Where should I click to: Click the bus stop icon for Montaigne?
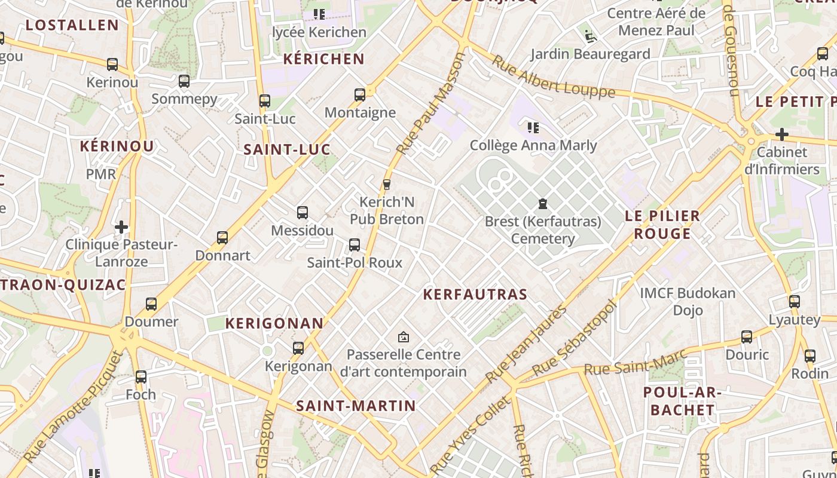point(359,94)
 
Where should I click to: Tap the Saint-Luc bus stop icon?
point(264,101)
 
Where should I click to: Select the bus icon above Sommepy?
point(184,81)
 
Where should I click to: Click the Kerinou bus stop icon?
point(112,64)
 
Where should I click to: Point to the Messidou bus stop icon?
point(302,212)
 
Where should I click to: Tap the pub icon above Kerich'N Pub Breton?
point(386,184)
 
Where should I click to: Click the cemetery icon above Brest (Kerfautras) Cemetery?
point(542,204)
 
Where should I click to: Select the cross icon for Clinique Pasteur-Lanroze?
point(121,227)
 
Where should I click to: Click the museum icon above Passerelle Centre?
point(403,337)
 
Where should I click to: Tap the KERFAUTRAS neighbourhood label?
point(475,294)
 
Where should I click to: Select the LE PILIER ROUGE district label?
point(662,224)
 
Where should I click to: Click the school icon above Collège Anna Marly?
point(533,127)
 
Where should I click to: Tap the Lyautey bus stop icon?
point(794,302)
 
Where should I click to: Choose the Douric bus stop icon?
point(747,337)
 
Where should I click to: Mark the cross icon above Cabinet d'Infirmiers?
point(781,134)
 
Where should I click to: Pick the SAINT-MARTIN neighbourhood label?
point(356,406)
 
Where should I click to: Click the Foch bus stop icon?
point(140,377)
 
